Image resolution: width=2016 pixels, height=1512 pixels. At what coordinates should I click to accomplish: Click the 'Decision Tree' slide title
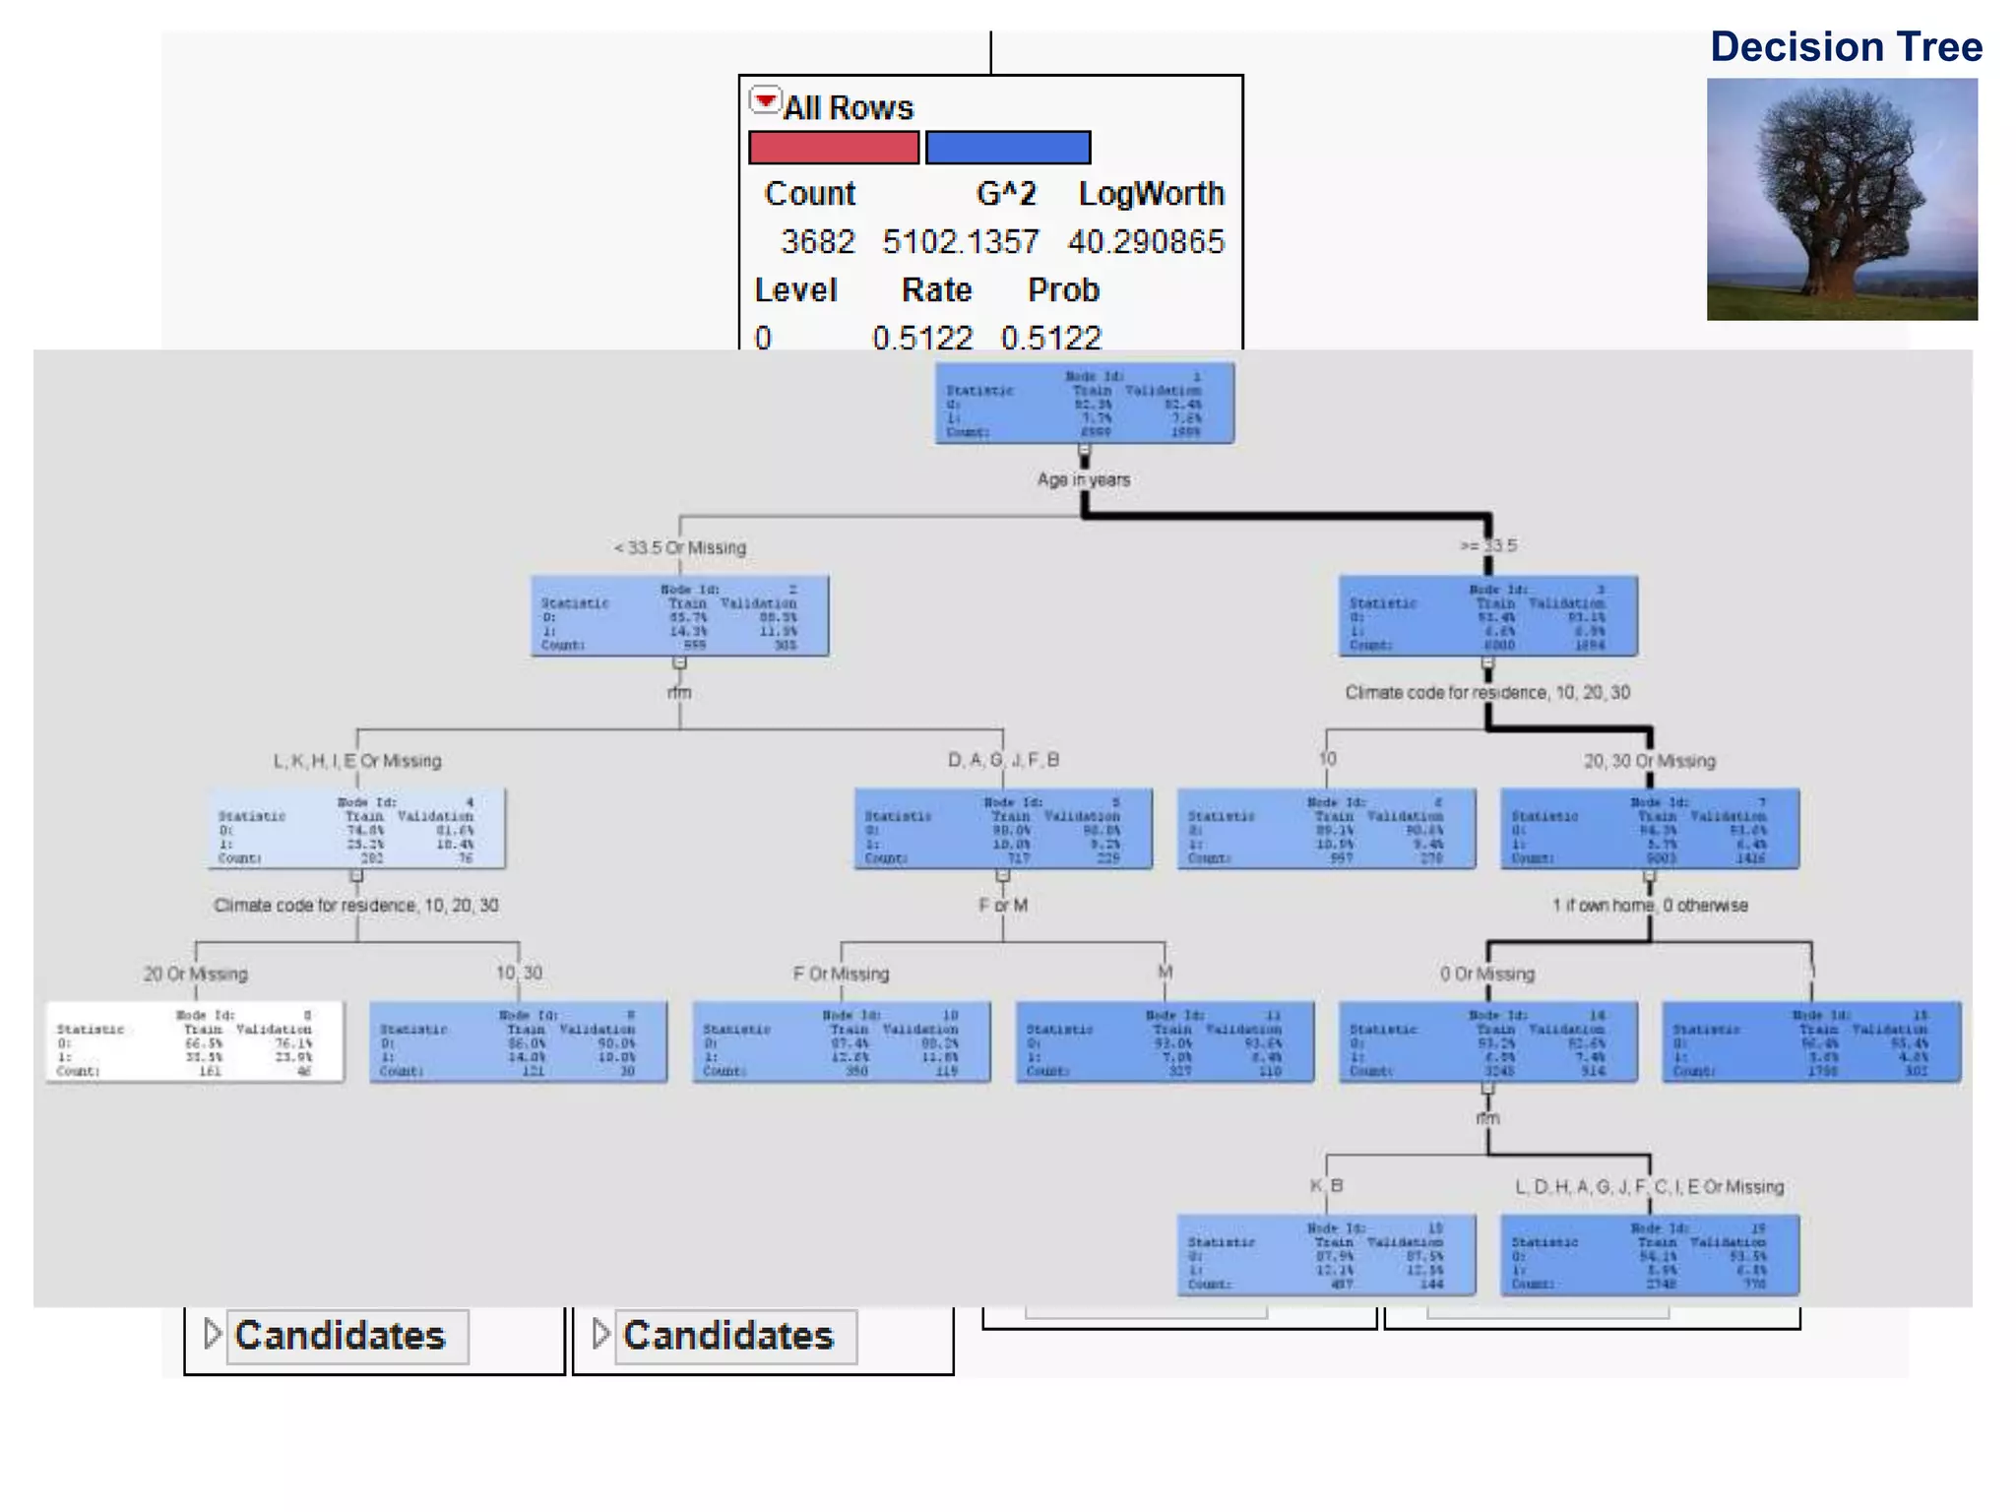click(1846, 47)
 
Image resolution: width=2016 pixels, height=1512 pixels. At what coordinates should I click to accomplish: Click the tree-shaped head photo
click(1842, 199)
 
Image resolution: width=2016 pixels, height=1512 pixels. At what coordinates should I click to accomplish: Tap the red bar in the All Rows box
click(833, 148)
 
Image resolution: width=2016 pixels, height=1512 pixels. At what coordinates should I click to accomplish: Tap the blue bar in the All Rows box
click(1008, 148)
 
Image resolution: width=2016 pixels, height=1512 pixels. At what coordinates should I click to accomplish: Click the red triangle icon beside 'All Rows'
click(765, 99)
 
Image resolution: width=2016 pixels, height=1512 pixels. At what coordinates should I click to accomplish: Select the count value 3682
click(817, 241)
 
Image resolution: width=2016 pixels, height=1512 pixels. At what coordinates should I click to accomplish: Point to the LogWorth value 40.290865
click(1146, 241)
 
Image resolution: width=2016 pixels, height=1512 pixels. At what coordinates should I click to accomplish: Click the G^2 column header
click(1005, 193)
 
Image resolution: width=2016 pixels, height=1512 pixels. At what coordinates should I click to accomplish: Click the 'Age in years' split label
click(1083, 479)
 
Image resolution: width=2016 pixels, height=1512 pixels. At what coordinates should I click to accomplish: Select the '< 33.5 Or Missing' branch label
click(679, 547)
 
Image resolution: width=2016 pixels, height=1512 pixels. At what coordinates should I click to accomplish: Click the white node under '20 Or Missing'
click(195, 1041)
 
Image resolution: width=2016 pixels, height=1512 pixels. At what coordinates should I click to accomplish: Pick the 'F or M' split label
click(1002, 905)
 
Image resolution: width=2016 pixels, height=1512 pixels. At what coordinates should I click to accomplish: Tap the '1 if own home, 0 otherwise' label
click(1650, 905)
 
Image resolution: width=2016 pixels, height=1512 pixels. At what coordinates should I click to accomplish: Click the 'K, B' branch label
click(1326, 1185)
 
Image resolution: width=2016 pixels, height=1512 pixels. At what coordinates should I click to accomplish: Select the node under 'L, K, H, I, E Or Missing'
click(357, 828)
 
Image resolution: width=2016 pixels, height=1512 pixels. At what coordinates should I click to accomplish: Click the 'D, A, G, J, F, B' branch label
click(1003, 760)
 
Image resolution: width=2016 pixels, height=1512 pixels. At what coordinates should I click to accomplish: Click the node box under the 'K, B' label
click(1326, 1254)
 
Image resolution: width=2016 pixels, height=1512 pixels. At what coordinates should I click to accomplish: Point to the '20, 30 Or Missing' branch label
click(1649, 761)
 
